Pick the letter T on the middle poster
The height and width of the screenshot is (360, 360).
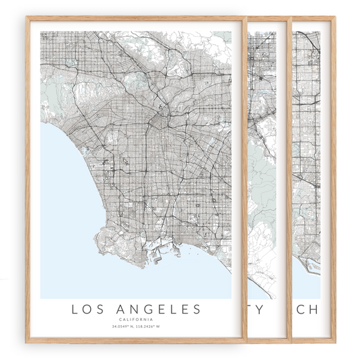click(x=256, y=309)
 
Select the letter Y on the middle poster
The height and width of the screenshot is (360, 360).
click(x=271, y=309)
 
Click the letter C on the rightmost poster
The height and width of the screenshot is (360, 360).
click(x=300, y=309)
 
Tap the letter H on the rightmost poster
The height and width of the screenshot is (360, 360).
click(x=315, y=309)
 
